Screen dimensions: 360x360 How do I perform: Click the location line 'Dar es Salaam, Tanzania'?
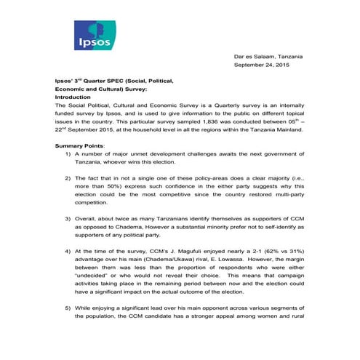pyautogui.click(x=270, y=57)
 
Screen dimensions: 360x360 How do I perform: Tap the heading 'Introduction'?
pyautogui.click(x=73, y=97)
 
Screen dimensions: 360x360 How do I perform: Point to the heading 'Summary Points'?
pyautogui.click(x=80, y=146)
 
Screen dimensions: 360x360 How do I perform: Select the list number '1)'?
pyautogui.click(x=69, y=156)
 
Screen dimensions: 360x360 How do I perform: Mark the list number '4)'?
pyautogui.click(x=69, y=250)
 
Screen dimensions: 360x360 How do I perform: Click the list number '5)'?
pyautogui.click(x=69, y=308)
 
